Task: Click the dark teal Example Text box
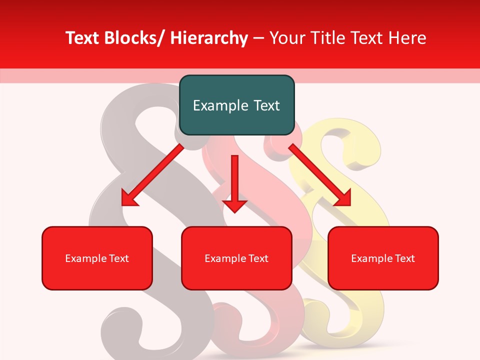tap(236, 105)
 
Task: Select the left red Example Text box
tap(97, 258)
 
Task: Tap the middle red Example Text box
tap(236, 258)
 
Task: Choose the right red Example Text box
tap(383, 258)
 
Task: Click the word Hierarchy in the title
tap(209, 38)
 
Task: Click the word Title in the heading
tap(325, 38)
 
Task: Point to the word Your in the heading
tap(287, 38)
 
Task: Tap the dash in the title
tap(258, 38)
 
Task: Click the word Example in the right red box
tap(370, 258)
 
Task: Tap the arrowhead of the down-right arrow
tap(343, 198)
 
